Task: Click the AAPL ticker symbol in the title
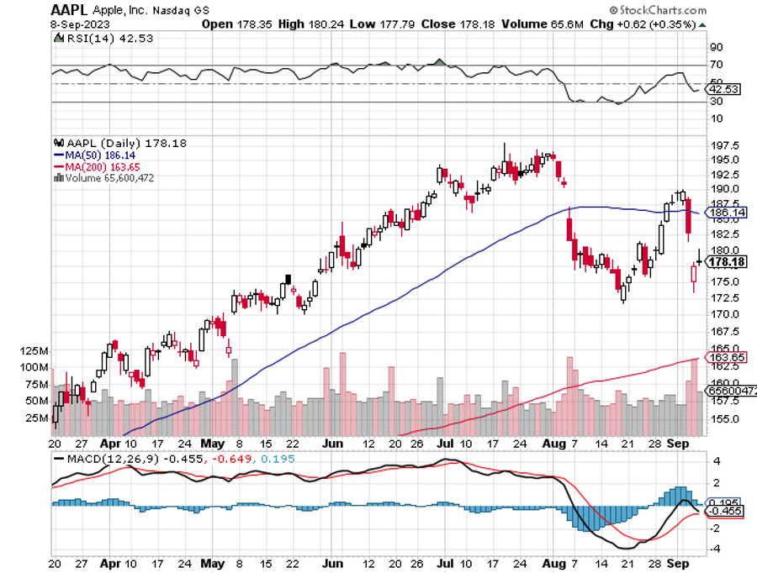pos(71,11)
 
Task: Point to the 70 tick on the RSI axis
pos(717,65)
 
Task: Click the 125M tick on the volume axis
pos(34,350)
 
